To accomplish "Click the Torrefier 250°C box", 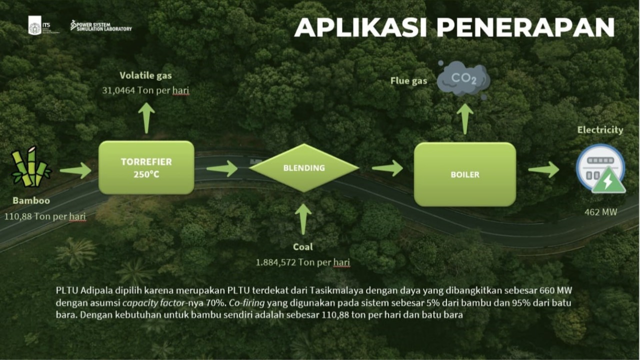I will point(146,167).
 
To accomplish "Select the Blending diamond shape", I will point(304,168).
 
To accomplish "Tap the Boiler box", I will point(464,174).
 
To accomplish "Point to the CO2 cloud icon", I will point(463,79).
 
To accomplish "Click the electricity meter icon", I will point(600,168).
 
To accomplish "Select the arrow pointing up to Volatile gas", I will point(146,118).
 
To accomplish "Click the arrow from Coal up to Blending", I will point(303,219).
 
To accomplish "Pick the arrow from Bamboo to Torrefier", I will point(75,170).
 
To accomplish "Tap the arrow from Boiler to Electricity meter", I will point(543,169).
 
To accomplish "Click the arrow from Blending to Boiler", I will point(387,168).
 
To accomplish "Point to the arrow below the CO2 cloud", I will point(464,118).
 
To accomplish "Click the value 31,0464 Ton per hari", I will point(145,90).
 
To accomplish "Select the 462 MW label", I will point(600,212).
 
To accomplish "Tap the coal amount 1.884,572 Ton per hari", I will point(302,262).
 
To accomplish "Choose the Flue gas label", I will point(408,80).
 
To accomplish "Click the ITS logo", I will point(35,25).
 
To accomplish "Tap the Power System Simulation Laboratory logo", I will point(101,25).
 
